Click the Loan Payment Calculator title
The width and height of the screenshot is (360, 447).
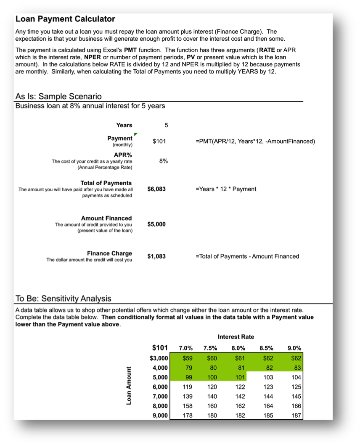click(x=65, y=19)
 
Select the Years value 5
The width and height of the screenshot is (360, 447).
click(x=166, y=125)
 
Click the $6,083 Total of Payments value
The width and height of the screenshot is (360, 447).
click(x=156, y=189)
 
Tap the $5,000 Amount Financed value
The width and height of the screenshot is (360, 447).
click(x=156, y=224)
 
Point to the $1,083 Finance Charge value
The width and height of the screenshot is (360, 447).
click(x=156, y=256)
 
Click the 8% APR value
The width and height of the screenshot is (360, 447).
click(x=164, y=161)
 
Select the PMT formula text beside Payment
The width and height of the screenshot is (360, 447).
click(x=255, y=141)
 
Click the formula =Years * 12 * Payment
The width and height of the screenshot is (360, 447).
click(x=226, y=189)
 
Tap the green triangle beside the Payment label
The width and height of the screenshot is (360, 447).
click(x=135, y=135)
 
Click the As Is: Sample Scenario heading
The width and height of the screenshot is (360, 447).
click(x=58, y=97)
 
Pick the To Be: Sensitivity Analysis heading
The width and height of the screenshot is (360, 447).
click(x=64, y=299)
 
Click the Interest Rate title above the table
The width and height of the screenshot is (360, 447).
click(x=236, y=337)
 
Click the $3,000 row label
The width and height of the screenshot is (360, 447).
click(x=159, y=358)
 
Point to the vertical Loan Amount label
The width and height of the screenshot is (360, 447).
click(x=130, y=386)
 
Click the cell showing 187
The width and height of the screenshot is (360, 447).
click(x=296, y=415)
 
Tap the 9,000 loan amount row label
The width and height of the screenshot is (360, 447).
click(x=160, y=415)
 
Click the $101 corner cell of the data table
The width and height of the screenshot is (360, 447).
click(x=160, y=347)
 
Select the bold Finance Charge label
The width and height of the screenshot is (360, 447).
click(x=109, y=253)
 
